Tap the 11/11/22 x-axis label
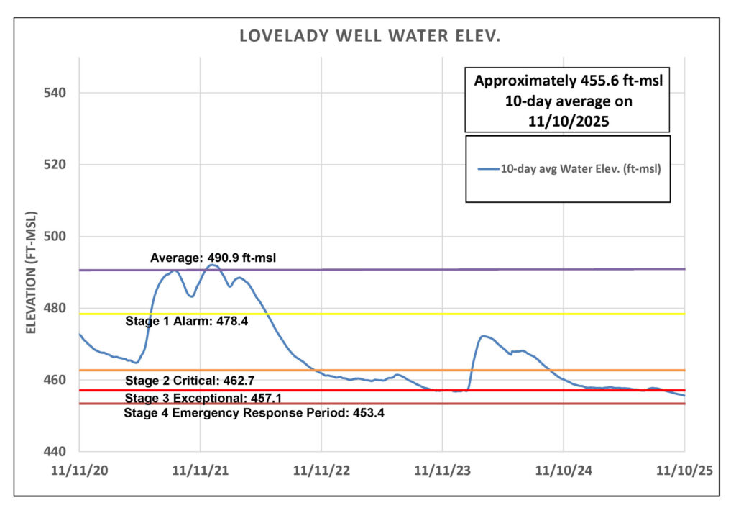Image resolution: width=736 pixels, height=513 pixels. tap(321, 471)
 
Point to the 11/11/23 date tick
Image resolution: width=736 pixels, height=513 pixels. tap(443, 471)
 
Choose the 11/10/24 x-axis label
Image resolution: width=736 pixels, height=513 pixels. tap(563, 471)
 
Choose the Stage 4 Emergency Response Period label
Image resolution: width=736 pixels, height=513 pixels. tap(254, 413)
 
